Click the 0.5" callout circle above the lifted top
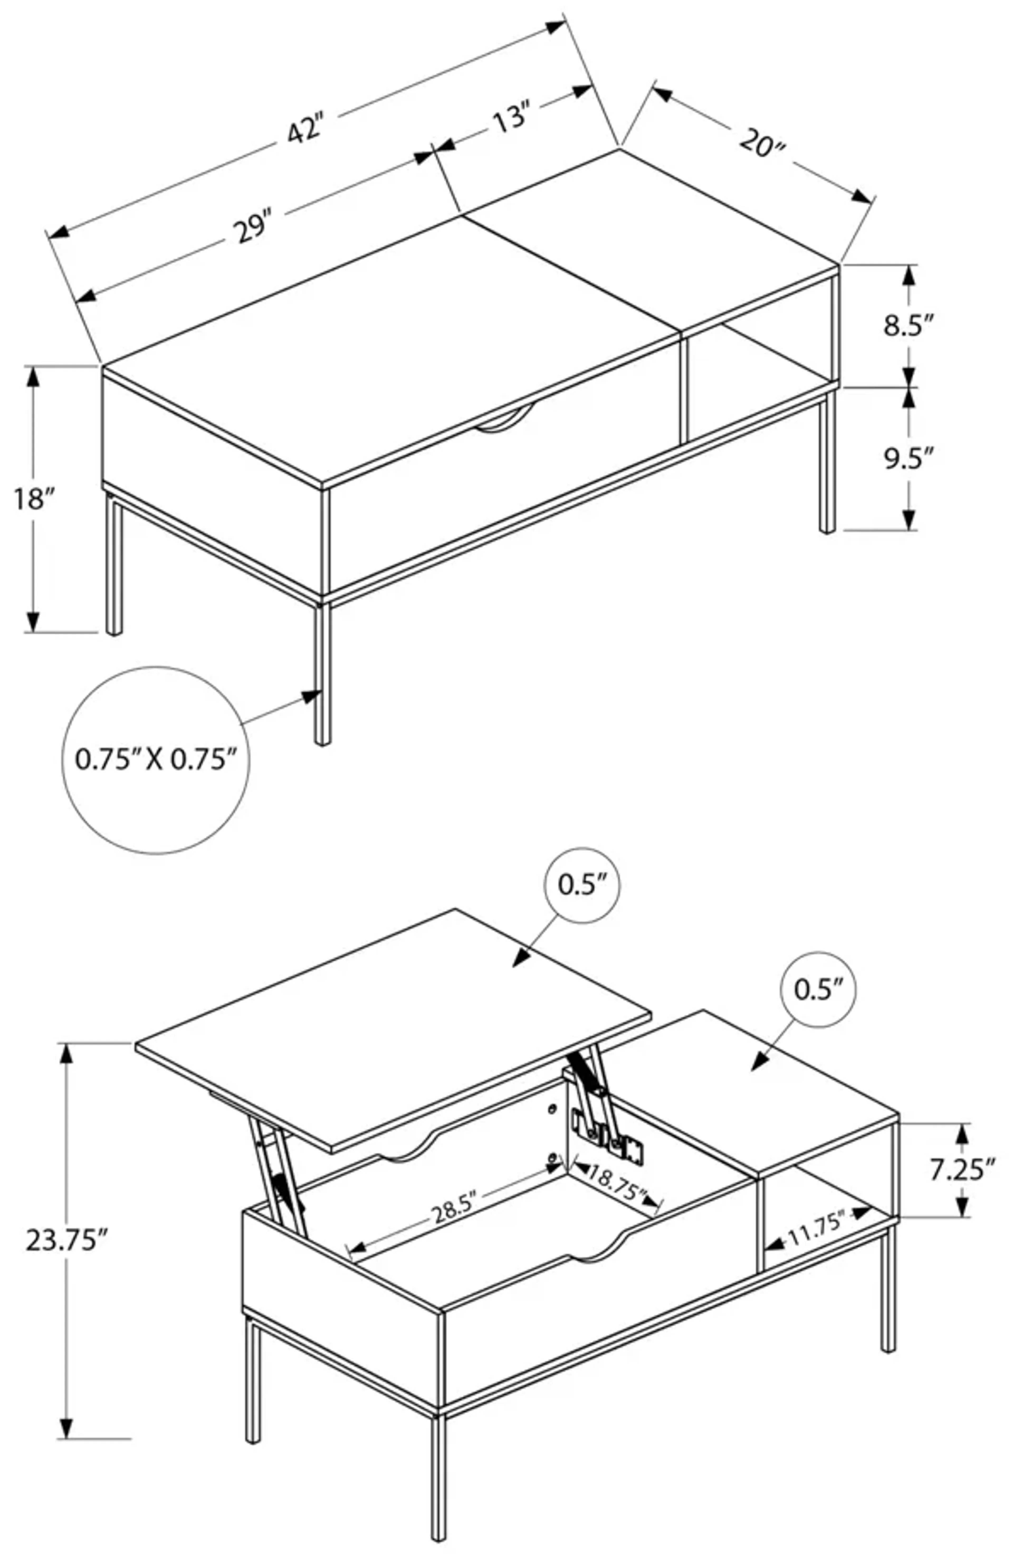pyautogui.click(x=581, y=885)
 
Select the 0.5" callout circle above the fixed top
pyautogui.click(x=818, y=989)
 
